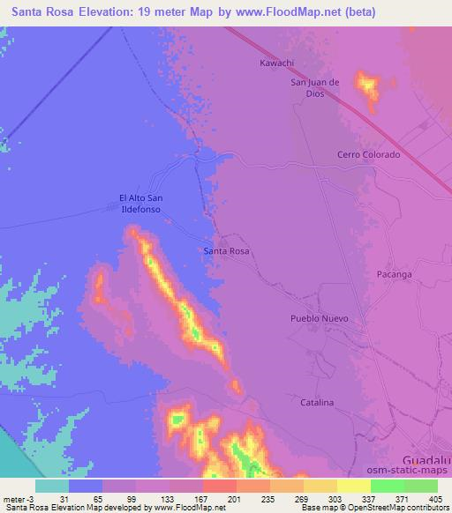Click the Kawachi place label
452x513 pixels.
[276, 63]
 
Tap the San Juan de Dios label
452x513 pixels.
[315, 87]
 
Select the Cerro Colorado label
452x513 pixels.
[368, 154]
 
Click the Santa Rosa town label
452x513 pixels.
[226, 251]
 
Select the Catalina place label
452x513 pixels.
[315, 402]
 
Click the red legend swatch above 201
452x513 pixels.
[219, 486]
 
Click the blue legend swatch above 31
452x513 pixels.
[86, 486]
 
